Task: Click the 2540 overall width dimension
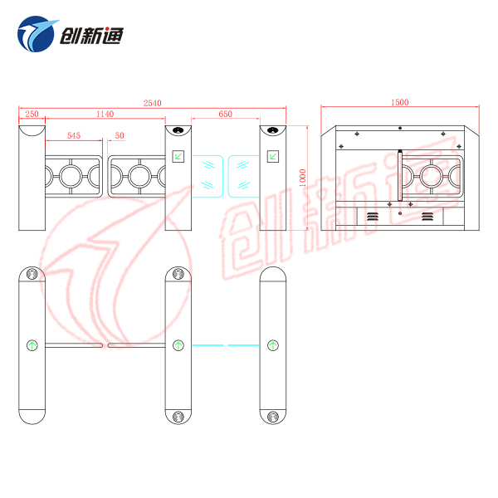coord(152,103)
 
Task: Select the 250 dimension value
coord(31,114)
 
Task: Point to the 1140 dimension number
coord(105,114)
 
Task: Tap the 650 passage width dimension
coord(225,114)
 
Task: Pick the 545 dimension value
coord(74,135)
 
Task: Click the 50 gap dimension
coord(120,135)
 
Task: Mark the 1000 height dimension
coord(303,178)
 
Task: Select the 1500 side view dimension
coord(399,103)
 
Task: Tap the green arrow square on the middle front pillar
coord(178,154)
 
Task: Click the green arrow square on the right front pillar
coord(273,154)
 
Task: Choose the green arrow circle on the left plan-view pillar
coord(32,344)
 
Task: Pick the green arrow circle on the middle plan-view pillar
coord(178,344)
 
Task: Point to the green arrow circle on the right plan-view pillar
coord(273,344)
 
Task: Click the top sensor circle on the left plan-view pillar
coord(32,273)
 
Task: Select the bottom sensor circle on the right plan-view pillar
coord(273,415)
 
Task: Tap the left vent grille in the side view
coord(372,216)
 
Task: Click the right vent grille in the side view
coord(427,216)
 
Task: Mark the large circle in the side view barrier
coord(432,175)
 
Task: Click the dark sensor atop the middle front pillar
coord(178,130)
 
